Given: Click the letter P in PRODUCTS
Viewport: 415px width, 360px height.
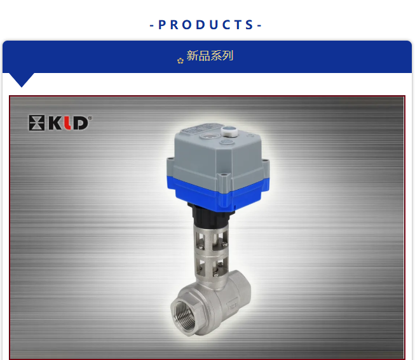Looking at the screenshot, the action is click(161, 25).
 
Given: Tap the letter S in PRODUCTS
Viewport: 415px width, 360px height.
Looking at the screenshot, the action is click(249, 25).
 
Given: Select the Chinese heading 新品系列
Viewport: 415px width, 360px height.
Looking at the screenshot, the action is click(210, 56).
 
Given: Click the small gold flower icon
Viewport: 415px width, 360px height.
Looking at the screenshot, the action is click(180, 61).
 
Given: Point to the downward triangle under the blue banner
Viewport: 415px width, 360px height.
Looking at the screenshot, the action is click(22, 79).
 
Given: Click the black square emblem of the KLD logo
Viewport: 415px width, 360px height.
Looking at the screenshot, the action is click(36, 123).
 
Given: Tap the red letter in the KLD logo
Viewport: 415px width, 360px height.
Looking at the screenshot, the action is click(68, 123).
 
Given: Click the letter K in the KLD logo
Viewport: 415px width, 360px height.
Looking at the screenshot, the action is click(55, 123).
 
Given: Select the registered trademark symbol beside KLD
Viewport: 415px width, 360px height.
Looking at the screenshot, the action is click(90, 118).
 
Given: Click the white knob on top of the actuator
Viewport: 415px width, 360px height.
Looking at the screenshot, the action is click(229, 131).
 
